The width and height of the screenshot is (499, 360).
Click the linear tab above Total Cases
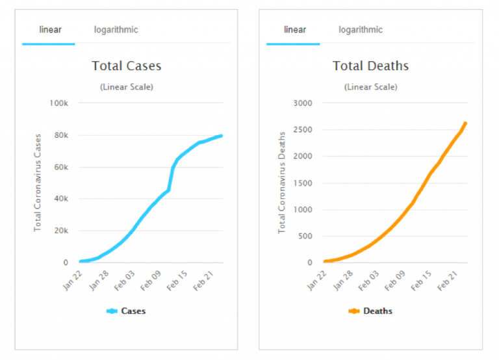[51, 30]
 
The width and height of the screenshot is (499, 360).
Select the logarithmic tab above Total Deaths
[360, 30]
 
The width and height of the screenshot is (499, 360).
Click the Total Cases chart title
[126, 66]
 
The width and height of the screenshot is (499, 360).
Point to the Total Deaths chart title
[370, 66]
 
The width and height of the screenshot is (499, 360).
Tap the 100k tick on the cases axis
[58, 103]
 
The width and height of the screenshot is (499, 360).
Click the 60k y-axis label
[61, 167]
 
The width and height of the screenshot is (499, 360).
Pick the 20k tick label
[61, 231]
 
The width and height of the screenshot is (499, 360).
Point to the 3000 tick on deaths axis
[303, 103]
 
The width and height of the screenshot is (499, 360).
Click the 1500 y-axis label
[303, 183]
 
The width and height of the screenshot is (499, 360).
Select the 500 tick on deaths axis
[306, 237]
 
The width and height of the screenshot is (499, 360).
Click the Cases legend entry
[127, 311]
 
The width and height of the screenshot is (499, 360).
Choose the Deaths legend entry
[371, 311]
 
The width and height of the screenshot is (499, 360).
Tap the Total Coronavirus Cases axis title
[38, 183]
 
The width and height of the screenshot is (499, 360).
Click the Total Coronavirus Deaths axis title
[282, 183]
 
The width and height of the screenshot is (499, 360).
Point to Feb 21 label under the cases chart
[202, 279]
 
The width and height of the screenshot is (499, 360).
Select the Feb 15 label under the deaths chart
[421, 279]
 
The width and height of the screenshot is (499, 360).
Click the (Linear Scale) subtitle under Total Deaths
[370, 87]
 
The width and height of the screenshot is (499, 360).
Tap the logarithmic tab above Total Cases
[116, 30]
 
